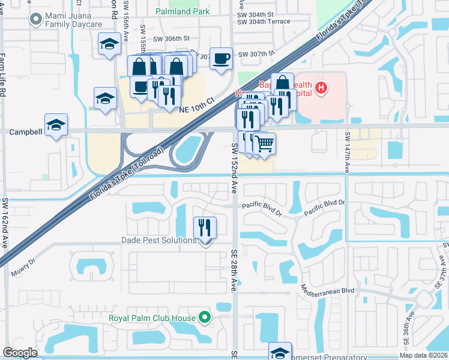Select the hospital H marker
click(322, 89)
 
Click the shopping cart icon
click(265, 143)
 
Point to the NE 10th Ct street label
click(197, 105)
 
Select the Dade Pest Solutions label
click(159, 240)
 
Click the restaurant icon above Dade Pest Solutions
click(205, 227)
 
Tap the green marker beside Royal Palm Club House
click(205, 317)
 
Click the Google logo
click(20, 353)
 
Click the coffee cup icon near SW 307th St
click(221, 58)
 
